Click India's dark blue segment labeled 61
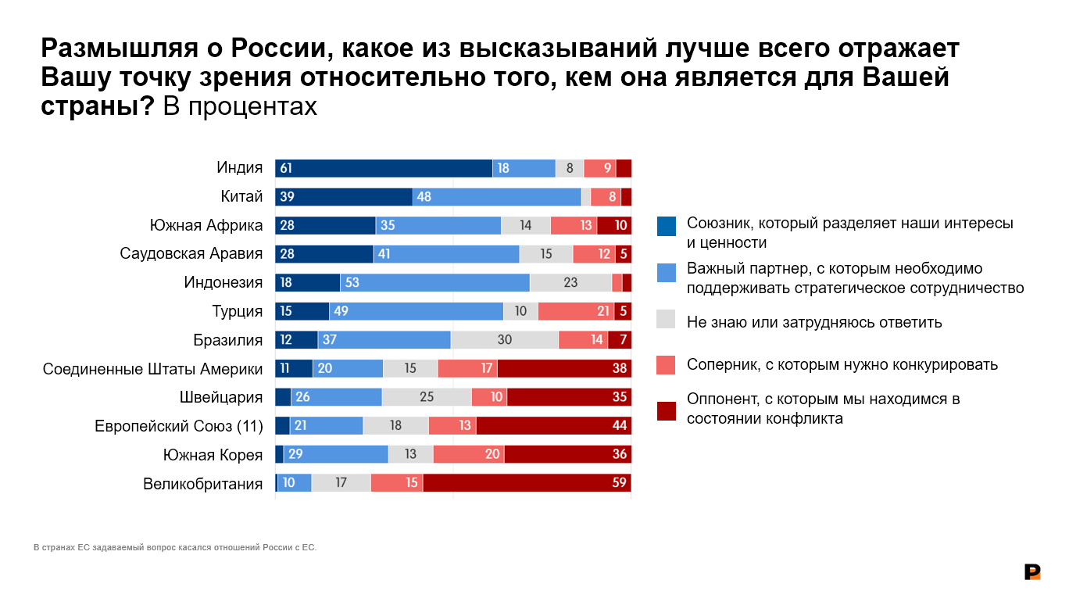pyautogui.click(x=383, y=168)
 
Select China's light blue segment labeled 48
pyautogui.click(x=497, y=197)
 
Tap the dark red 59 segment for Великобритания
pyautogui.click(x=527, y=483)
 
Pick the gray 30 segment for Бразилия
pyautogui.click(x=505, y=340)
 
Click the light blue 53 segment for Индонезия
pyautogui.click(x=434, y=283)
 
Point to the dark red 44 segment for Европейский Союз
pyautogui.click(x=553, y=426)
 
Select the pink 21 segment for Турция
pyautogui.click(x=576, y=311)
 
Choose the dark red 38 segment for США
pyautogui.click(x=564, y=368)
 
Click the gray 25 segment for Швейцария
pyautogui.click(x=427, y=397)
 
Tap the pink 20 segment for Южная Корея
pyautogui.click(x=469, y=454)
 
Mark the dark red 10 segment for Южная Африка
pyautogui.click(x=614, y=226)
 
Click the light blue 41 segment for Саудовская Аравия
pyautogui.click(x=446, y=254)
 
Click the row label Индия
pyautogui.click(x=239, y=168)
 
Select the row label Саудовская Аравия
pyautogui.click(x=191, y=254)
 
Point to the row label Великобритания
pyautogui.click(x=202, y=483)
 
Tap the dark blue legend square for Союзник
pyautogui.click(x=667, y=226)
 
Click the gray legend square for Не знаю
pyautogui.click(x=667, y=319)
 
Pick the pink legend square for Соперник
pyautogui.click(x=667, y=364)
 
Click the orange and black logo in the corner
pyautogui.click(x=1032, y=572)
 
